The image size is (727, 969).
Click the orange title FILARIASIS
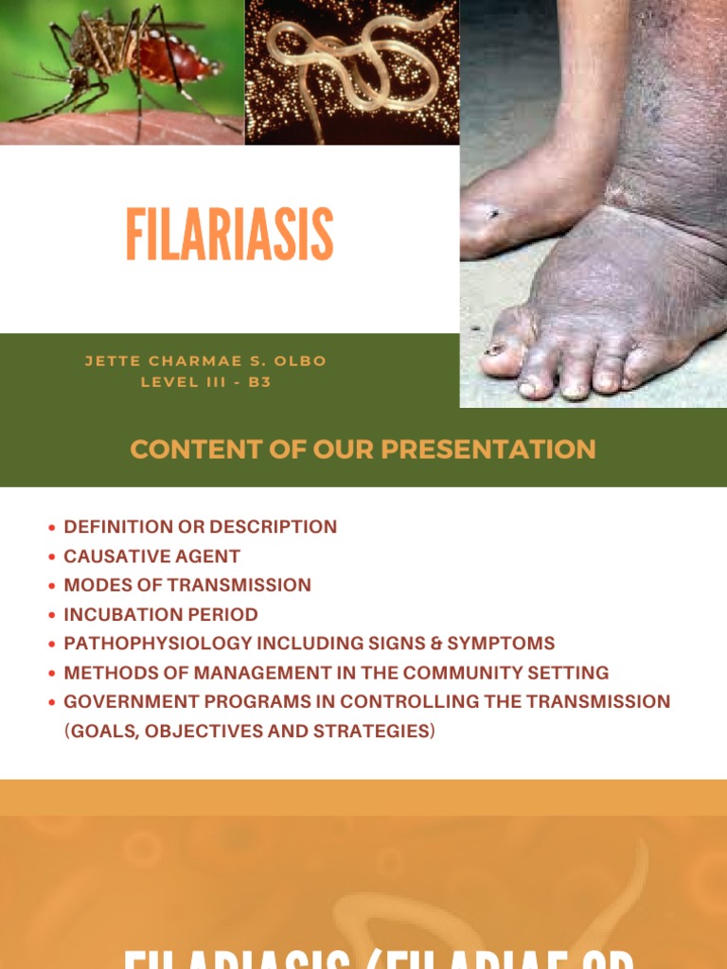pos(229,235)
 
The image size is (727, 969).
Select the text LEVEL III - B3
pos(205,383)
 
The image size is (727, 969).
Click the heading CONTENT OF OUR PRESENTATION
pos(363,449)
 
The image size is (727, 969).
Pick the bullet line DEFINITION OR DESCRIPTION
pos(200,527)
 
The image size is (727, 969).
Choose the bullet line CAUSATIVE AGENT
pos(151,556)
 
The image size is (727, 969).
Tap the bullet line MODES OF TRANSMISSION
pos(186,585)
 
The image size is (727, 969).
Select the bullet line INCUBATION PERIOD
pos(160,614)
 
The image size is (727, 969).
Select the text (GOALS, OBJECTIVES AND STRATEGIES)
pos(250,731)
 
